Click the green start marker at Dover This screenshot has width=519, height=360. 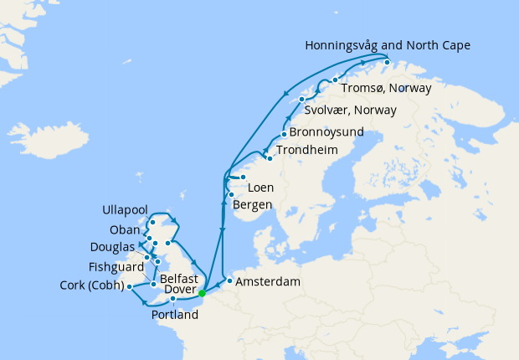click(x=202, y=293)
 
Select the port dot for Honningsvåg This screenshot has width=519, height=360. click(x=387, y=62)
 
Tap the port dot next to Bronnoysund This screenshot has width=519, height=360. click(x=285, y=135)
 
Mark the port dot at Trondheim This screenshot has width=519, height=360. click(x=269, y=157)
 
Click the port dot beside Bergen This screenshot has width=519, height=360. click(x=231, y=195)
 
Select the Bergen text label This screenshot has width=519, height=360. click(x=255, y=205)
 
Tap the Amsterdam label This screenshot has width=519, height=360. click(x=268, y=282)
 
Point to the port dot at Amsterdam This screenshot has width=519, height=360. click(x=229, y=280)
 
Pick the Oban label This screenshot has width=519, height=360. click(x=125, y=230)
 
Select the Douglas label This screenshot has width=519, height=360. click(x=114, y=247)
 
